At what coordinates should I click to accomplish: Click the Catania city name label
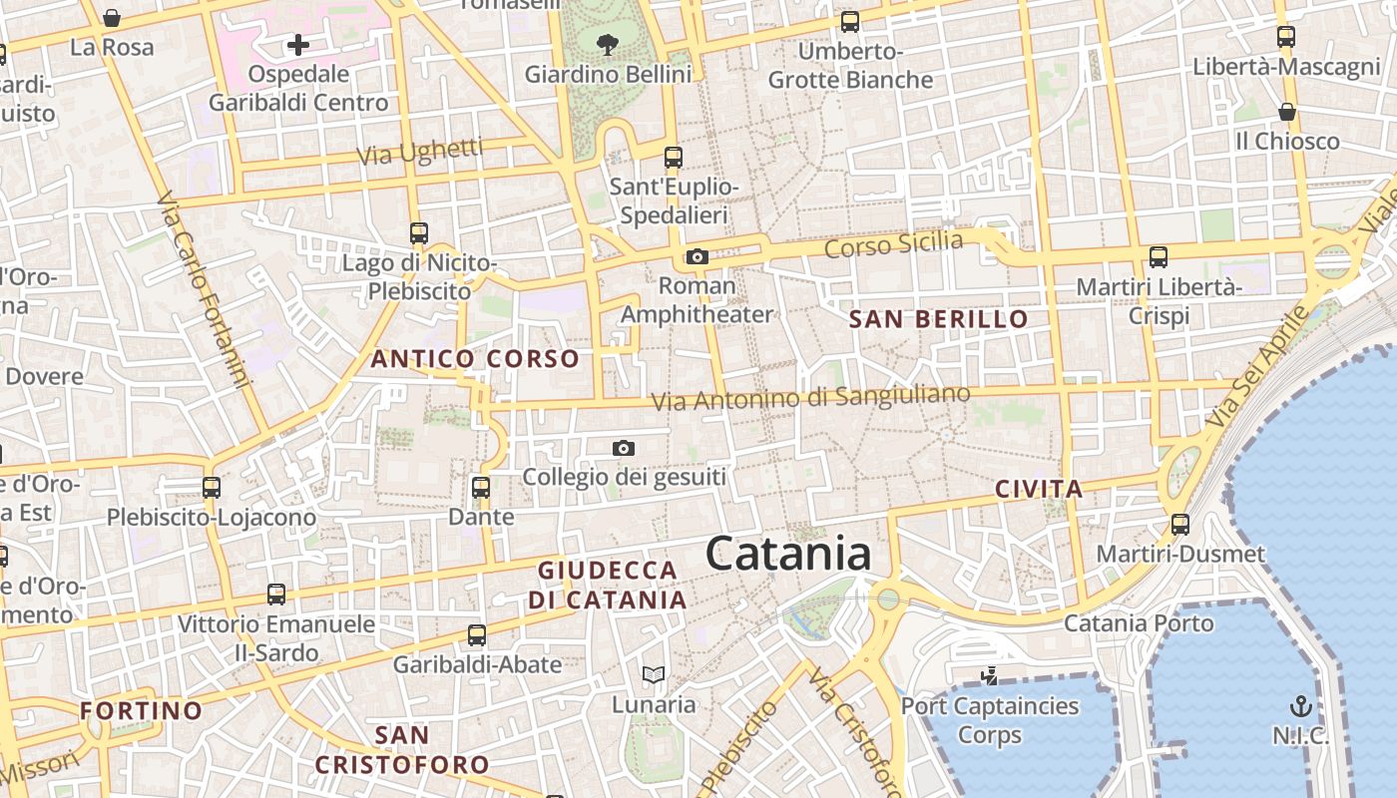[788, 555]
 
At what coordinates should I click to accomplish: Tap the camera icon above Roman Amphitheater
[698, 257]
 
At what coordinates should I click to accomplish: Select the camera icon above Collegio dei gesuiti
[624, 449]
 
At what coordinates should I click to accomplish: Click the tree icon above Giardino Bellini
[607, 44]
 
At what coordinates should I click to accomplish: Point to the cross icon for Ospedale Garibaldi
[298, 45]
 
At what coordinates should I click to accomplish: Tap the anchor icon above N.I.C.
[1300, 707]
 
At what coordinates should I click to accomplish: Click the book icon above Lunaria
[654, 675]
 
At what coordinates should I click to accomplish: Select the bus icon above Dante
[481, 488]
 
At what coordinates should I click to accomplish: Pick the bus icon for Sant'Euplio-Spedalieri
[674, 157]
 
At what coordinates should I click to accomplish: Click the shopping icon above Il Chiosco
[1287, 112]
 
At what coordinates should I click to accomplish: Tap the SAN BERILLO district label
[938, 319]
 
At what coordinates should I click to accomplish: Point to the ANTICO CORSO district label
[475, 359]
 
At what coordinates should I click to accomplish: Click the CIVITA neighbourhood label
[1039, 489]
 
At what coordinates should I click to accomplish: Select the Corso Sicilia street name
[894, 242]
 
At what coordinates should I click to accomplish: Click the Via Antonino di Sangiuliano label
[810, 397]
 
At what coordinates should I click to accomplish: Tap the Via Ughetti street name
[420, 152]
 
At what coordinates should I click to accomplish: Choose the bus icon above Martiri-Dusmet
[1180, 524]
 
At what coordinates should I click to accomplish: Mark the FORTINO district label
[141, 711]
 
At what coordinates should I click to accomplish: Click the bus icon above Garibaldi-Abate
[477, 634]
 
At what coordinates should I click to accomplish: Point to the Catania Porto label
[1139, 623]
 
